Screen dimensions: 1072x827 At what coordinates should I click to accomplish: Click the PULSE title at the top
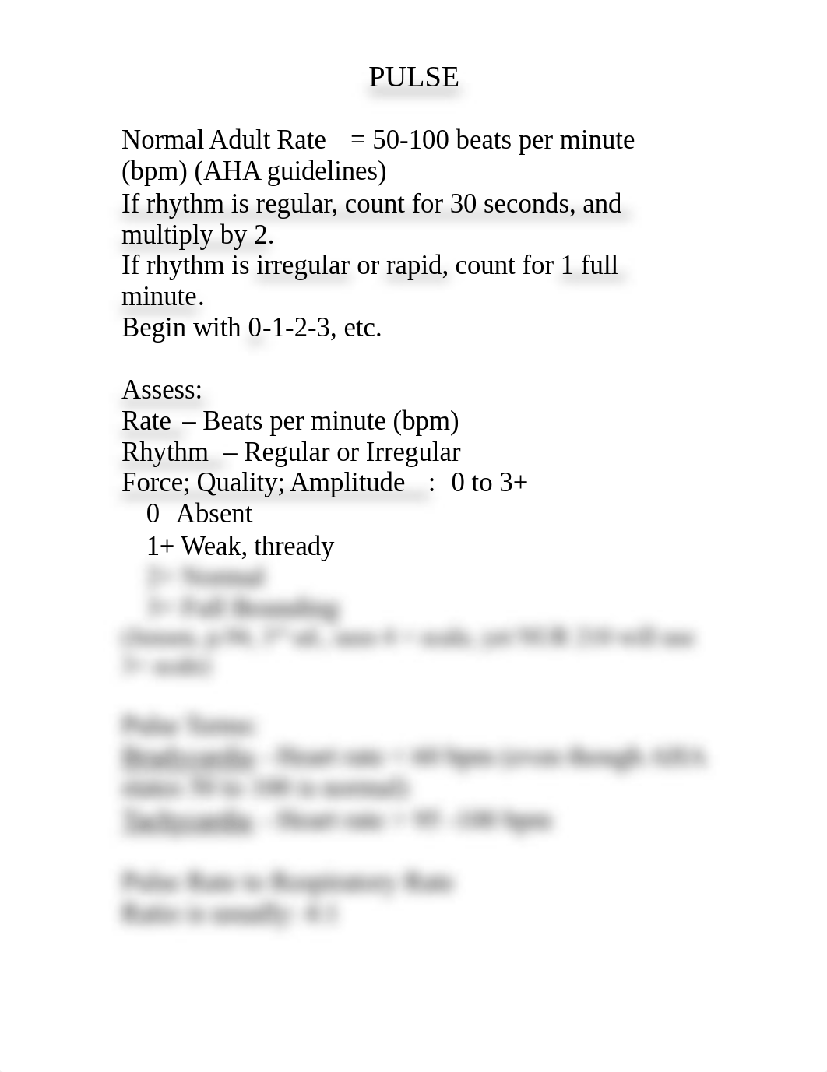click(x=413, y=77)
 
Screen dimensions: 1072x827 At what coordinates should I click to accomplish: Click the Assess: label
click(x=162, y=390)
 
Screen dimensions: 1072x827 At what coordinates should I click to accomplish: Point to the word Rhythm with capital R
click(x=165, y=452)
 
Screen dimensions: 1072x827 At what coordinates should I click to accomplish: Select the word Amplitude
click(x=347, y=483)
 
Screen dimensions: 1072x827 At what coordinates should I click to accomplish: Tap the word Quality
click(x=239, y=483)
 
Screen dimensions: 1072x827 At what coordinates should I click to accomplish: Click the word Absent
click(x=214, y=514)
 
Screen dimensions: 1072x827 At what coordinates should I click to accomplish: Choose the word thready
click(x=294, y=547)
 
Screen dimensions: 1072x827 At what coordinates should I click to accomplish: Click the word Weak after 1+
click(x=213, y=547)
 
